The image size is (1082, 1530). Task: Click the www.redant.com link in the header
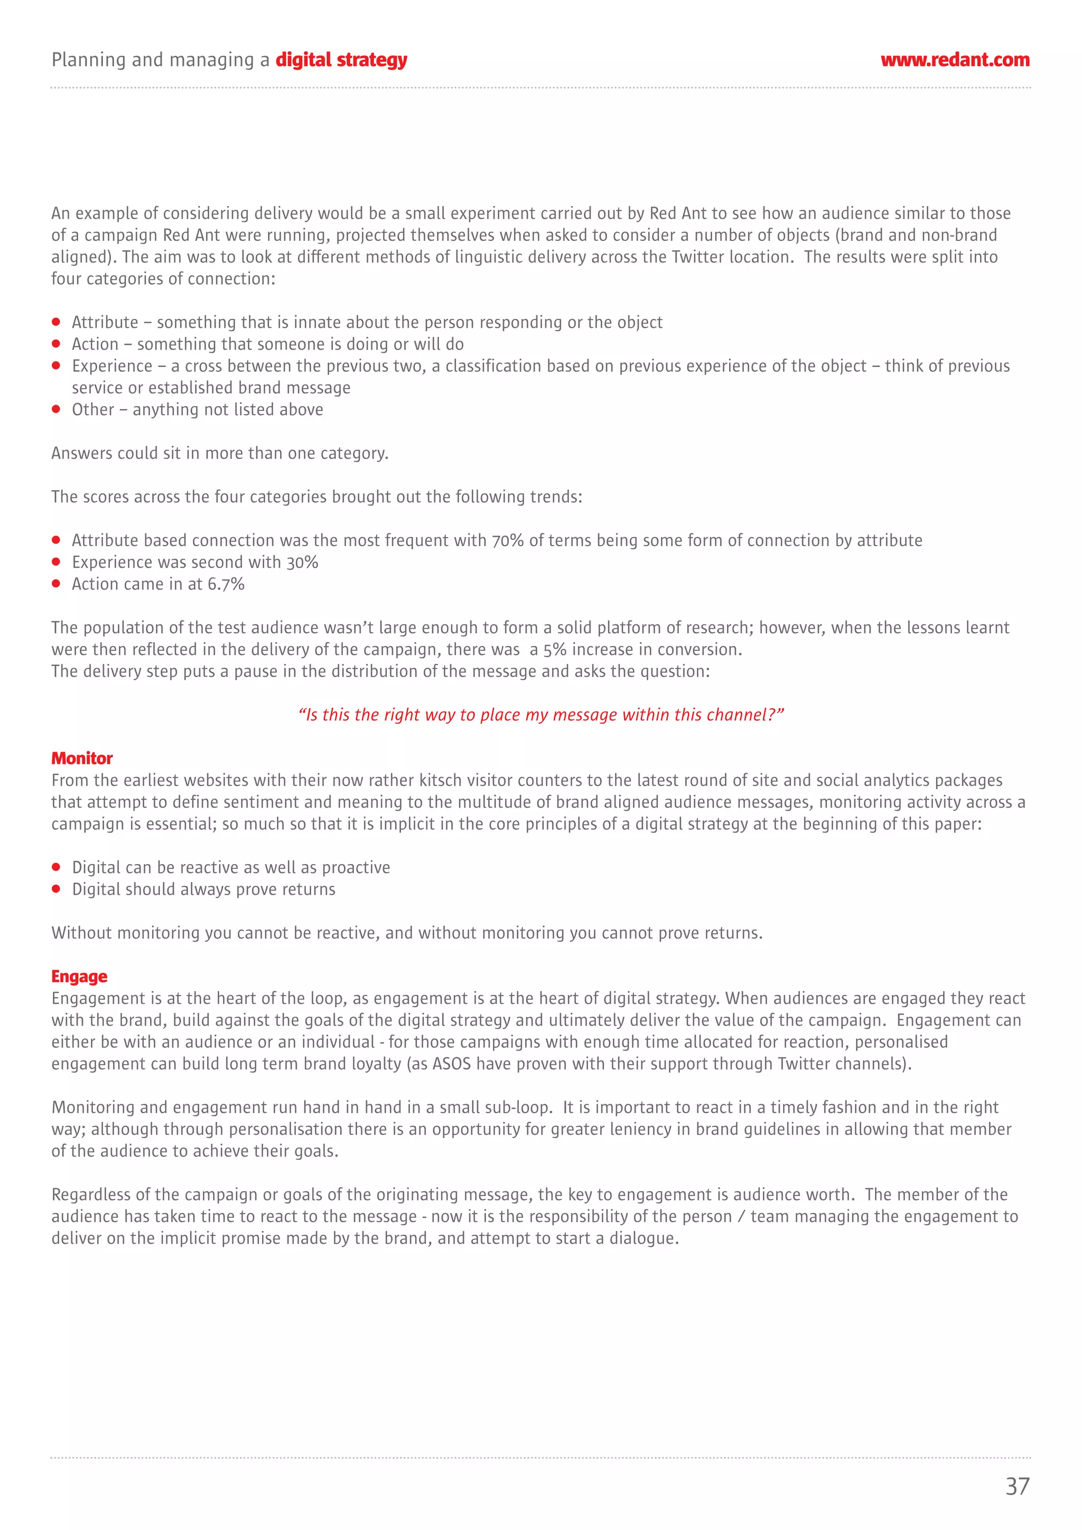point(955,60)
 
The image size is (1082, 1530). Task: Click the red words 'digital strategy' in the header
point(341,61)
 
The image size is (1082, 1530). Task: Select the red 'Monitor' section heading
point(82,758)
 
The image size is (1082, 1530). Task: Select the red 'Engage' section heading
point(79,976)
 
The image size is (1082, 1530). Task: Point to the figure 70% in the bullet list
point(508,540)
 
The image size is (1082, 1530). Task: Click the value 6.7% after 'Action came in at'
point(226,585)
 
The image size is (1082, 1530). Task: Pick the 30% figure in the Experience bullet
point(302,562)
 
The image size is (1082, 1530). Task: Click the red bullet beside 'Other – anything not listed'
point(57,409)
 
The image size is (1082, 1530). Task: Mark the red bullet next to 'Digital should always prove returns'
point(57,889)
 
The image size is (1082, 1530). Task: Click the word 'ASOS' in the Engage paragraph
point(451,1064)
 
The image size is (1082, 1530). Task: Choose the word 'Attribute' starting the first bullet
point(105,323)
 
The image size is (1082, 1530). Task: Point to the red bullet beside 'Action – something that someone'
point(57,344)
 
